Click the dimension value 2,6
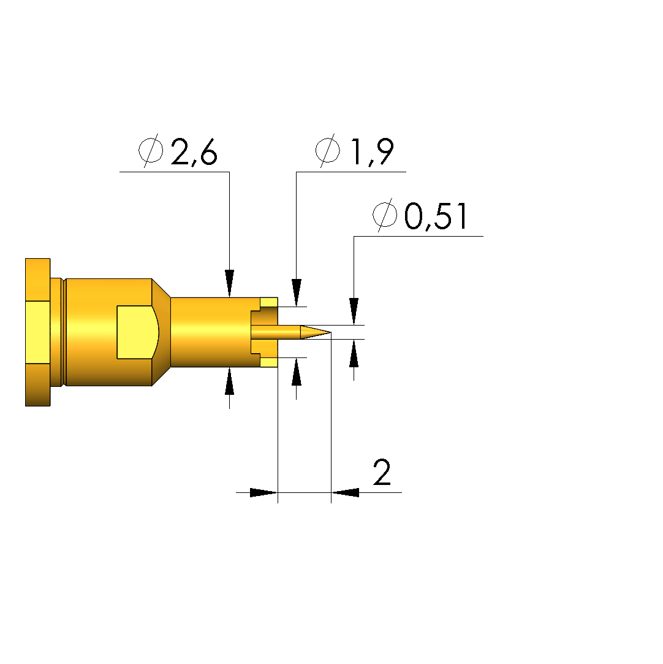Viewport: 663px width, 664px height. pyautogui.click(x=194, y=151)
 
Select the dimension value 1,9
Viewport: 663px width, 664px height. pyautogui.click(x=372, y=151)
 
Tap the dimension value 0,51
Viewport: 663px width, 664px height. pyautogui.click(x=436, y=216)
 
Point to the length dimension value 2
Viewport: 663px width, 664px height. pyautogui.click(x=382, y=472)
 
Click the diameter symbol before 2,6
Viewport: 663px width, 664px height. pyautogui.click(x=151, y=150)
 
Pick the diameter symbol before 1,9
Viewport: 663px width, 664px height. pyautogui.click(x=328, y=150)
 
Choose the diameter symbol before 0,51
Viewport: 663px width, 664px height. pyautogui.click(x=385, y=215)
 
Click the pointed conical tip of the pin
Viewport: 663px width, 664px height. pyautogui.click(x=330, y=332)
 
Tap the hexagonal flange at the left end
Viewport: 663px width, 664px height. pyautogui.click(x=37, y=332)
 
